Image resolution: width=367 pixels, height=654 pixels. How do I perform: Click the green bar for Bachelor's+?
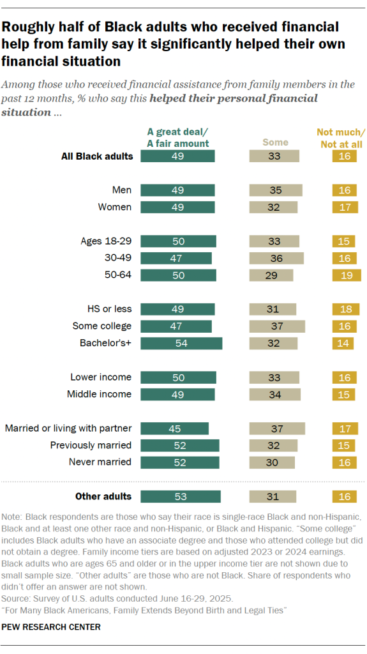point(181,343)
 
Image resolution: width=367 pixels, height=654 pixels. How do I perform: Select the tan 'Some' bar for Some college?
point(277,326)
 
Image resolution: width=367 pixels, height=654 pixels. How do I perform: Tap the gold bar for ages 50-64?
point(346,275)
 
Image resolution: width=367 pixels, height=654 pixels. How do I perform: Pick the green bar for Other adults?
point(181,496)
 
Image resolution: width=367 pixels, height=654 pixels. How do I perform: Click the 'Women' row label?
point(115,207)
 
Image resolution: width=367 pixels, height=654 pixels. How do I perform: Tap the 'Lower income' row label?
point(101,377)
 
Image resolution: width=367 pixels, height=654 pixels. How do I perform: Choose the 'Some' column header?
point(275,142)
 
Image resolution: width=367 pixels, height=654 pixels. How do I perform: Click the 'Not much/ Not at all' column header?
point(341,138)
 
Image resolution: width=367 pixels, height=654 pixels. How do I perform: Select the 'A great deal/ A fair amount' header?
point(178,138)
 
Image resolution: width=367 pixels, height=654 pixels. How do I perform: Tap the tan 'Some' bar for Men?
point(276,190)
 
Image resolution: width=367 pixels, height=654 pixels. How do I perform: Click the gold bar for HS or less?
point(345,309)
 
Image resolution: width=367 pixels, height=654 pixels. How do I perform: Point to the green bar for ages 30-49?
point(176,258)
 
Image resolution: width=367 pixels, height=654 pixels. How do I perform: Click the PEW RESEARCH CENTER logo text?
point(50,627)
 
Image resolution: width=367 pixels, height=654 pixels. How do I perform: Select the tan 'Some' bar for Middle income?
point(275,394)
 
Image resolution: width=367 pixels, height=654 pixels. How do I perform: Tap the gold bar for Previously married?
point(343,445)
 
